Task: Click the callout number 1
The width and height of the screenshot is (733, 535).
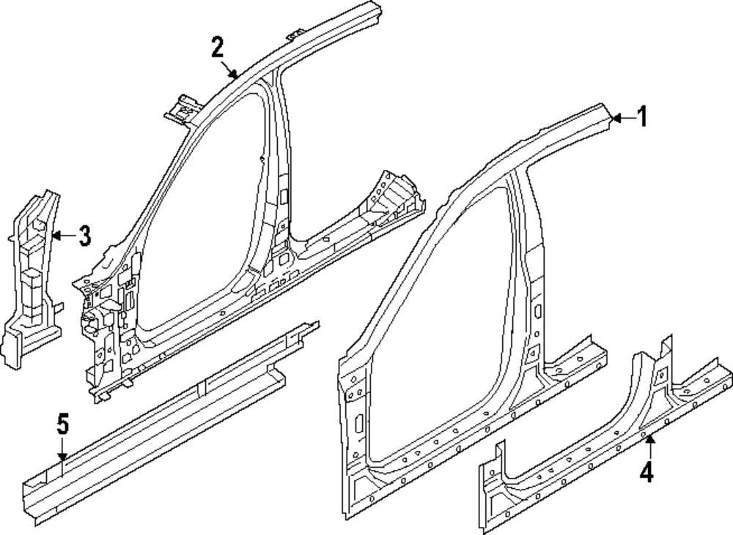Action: (x=641, y=116)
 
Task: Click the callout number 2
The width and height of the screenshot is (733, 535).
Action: (x=217, y=48)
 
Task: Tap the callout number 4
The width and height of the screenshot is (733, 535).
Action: (x=646, y=474)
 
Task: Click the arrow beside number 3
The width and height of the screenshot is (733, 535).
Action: (x=63, y=236)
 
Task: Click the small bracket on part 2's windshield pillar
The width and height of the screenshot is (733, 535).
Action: (x=182, y=108)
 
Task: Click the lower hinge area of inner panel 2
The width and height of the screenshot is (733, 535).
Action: (x=103, y=344)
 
